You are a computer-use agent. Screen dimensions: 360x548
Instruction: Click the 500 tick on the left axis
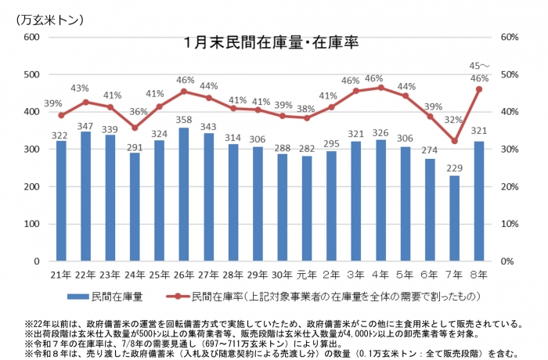(x=31, y=75)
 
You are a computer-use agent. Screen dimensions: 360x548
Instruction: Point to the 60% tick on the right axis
(x=510, y=38)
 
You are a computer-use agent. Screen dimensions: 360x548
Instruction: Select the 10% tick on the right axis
(x=510, y=224)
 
